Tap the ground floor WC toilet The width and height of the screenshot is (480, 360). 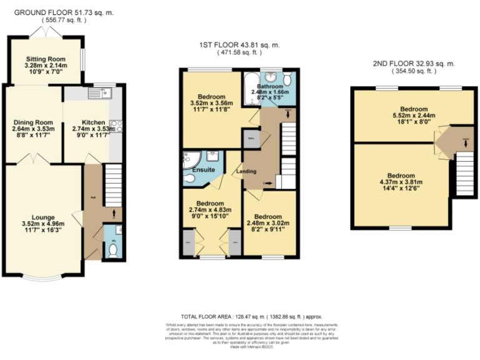point(113,250)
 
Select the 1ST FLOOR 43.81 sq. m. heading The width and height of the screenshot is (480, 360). point(239,44)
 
